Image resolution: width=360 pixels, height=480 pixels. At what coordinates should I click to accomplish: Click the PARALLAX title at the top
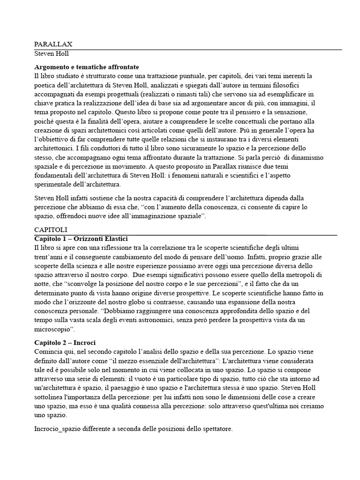[x=53, y=44]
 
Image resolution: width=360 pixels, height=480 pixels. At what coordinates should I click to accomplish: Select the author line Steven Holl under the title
[x=52, y=54]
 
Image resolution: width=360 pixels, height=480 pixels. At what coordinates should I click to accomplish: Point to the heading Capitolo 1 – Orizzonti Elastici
[x=81, y=239]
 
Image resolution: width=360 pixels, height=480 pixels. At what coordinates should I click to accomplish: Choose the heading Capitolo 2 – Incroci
[x=65, y=343]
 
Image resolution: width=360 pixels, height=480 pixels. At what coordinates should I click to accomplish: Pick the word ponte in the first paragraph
[x=186, y=112]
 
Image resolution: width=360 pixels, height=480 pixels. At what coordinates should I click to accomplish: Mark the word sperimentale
[x=54, y=184]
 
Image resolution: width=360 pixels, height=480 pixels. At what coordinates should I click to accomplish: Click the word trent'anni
[x=52, y=256]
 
